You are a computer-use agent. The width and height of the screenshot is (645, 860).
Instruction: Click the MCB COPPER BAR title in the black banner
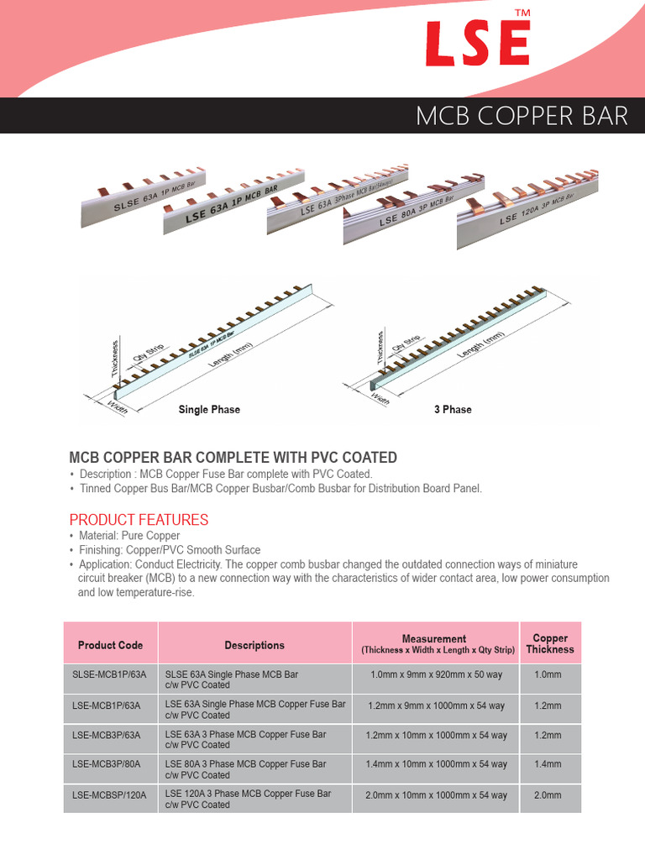522,116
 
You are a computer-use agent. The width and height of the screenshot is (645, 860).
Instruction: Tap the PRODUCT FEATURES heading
139,520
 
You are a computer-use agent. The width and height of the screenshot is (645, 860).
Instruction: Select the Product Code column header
111,645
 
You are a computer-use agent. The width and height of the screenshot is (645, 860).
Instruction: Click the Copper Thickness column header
550,644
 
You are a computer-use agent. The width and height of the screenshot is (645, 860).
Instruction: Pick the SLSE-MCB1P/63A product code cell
110,675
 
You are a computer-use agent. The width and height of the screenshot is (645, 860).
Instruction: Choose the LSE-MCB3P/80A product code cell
107,764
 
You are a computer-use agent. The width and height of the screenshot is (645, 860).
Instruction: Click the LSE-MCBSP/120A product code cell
109,794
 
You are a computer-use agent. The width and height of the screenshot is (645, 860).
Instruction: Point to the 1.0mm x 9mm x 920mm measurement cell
437,675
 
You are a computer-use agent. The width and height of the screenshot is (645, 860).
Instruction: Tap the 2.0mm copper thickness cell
548,794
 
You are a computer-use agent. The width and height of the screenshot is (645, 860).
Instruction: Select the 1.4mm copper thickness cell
548,764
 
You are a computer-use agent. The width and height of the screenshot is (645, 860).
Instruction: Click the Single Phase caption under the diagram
209,410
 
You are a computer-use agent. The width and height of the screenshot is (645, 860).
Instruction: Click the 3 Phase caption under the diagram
453,410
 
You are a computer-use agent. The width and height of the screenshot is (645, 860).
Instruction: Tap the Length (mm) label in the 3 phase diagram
481,345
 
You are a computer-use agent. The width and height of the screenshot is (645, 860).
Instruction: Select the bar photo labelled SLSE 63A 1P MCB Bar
143,197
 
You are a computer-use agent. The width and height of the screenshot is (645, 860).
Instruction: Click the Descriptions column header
254,645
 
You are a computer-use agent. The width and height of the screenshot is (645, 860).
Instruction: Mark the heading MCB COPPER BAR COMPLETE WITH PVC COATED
233,458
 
